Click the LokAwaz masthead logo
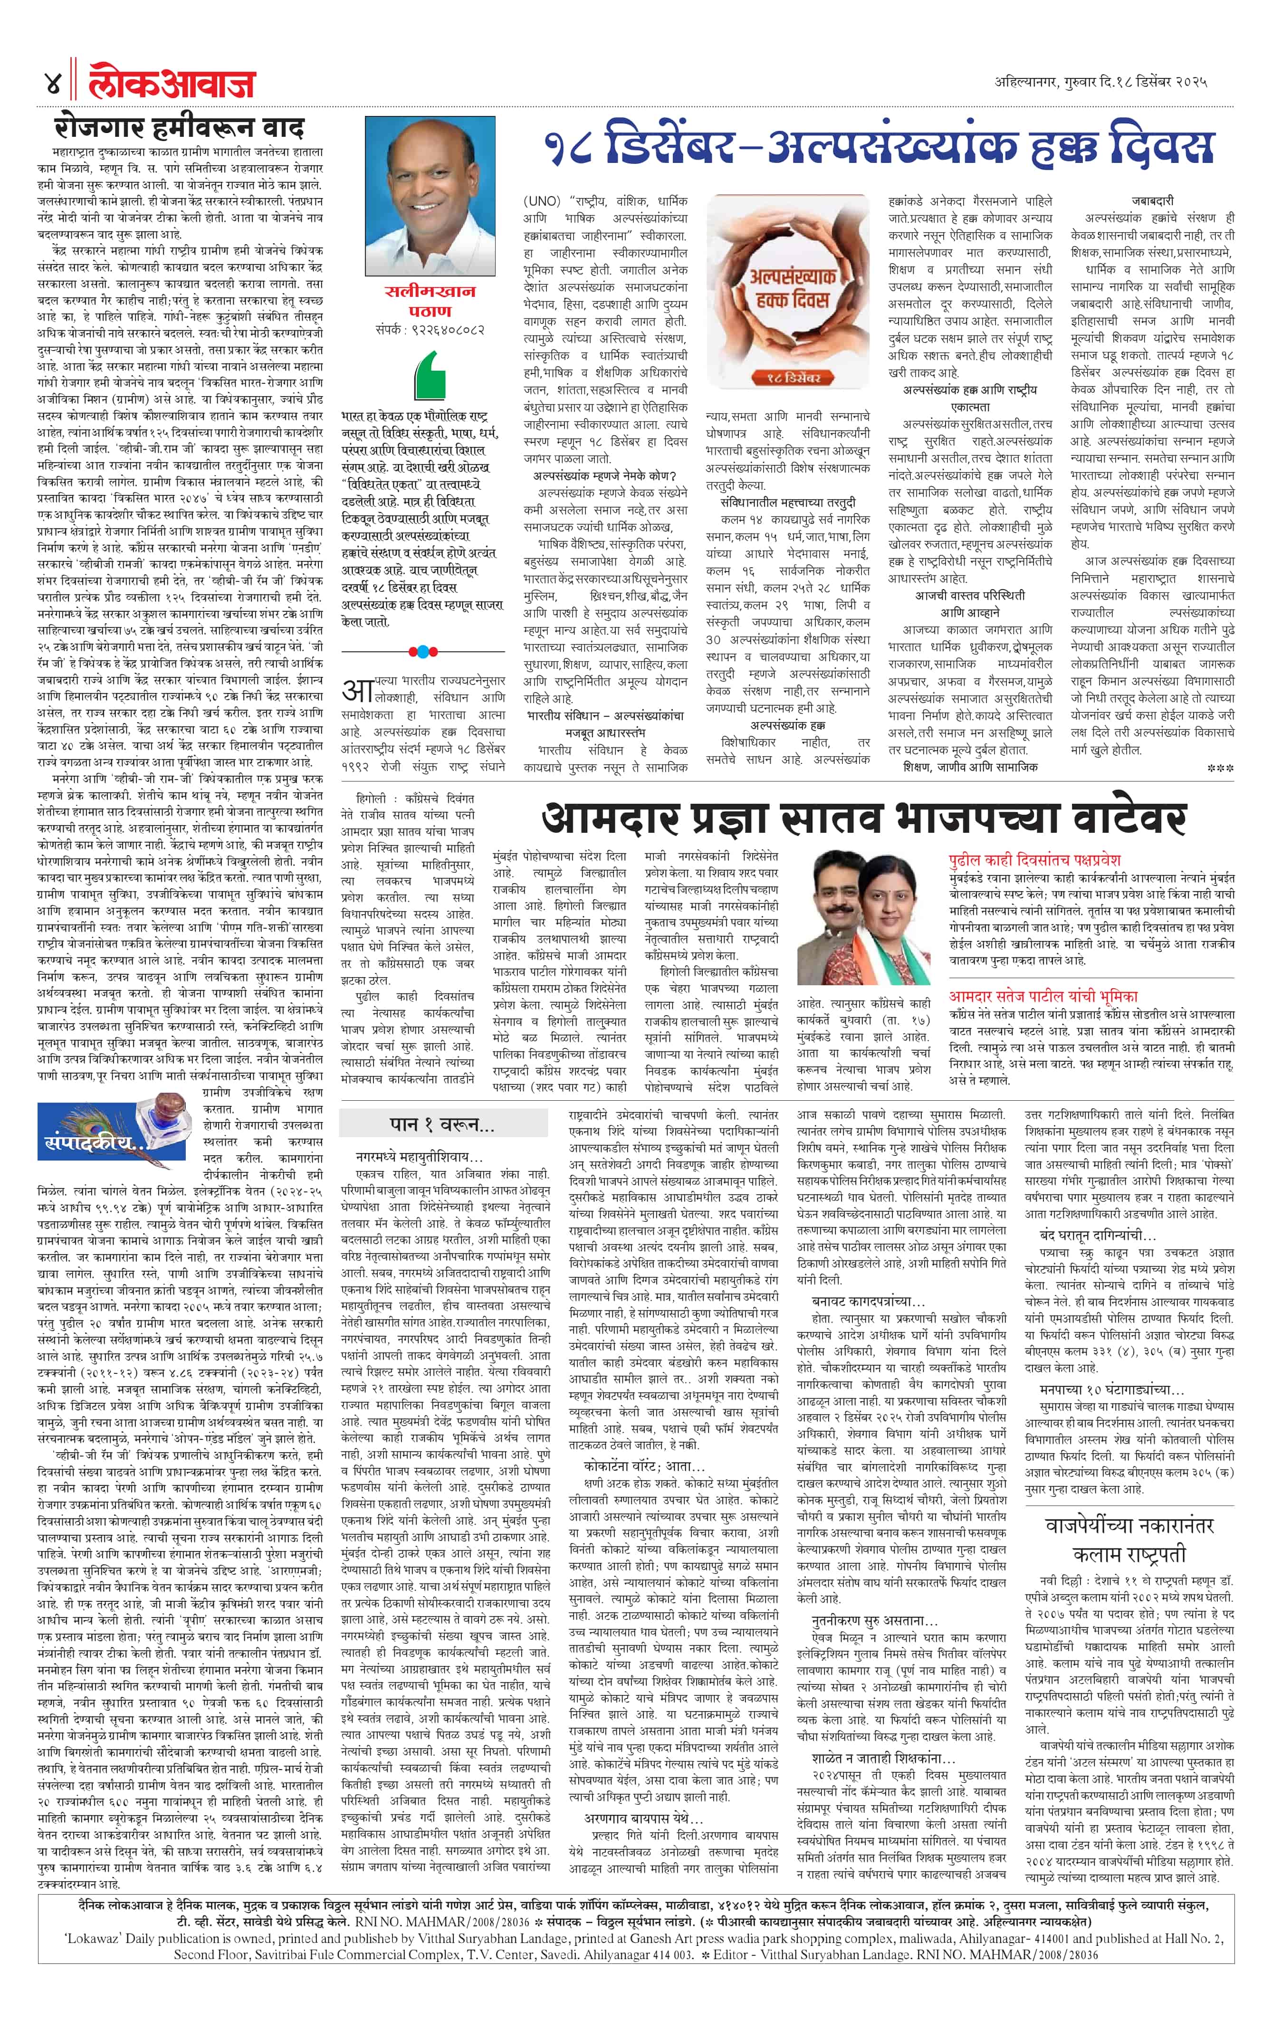[172, 84]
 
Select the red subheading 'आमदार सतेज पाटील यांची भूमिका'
[1043, 996]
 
